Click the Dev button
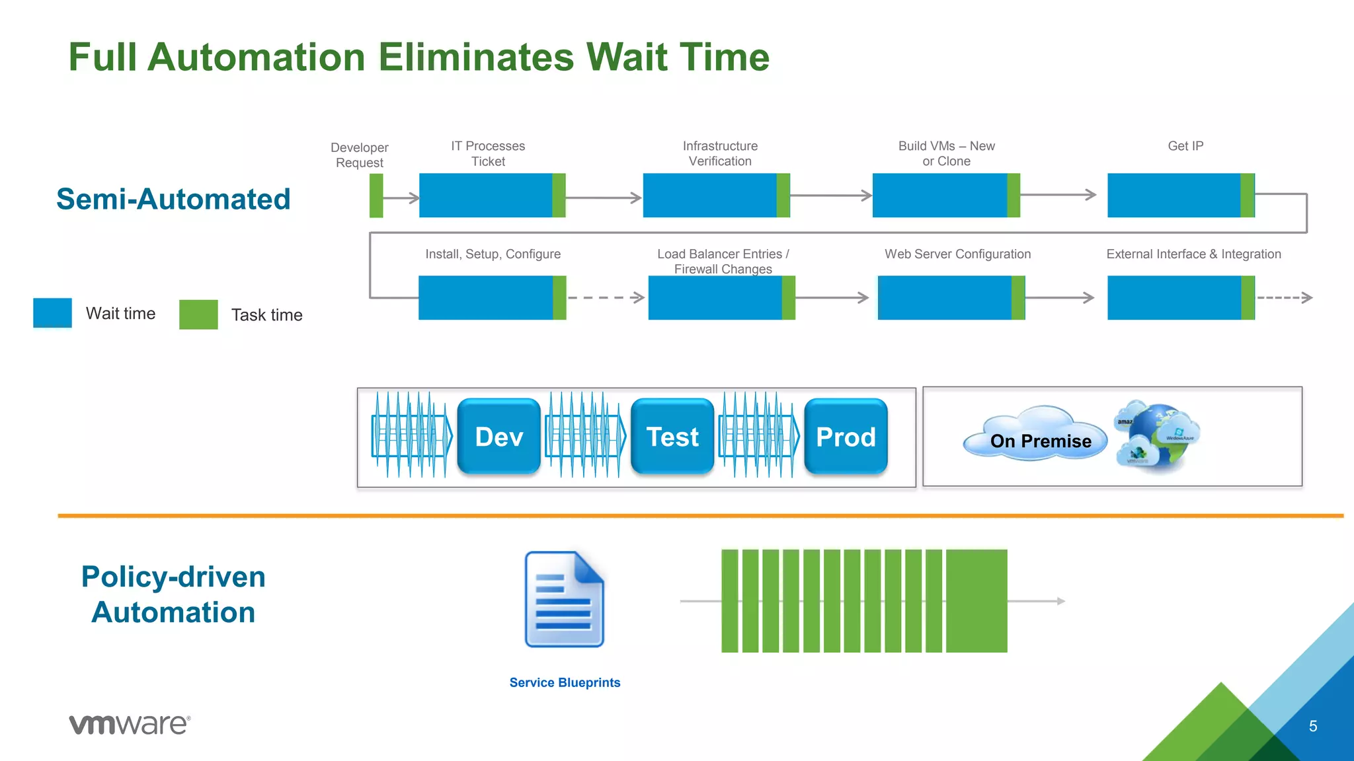498,437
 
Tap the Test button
672,437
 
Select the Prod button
846,437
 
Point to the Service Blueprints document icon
564,600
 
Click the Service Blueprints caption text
565,682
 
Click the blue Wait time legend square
52,313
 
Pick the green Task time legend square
198,314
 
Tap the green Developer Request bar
376,196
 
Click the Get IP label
1185,146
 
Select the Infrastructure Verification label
720,153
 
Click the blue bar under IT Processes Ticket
485,196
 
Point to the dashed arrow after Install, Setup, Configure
606,298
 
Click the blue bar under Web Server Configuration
944,298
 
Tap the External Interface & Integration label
1193,254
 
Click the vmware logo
130,724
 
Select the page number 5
1313,726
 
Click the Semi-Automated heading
173,199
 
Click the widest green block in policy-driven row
976,600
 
